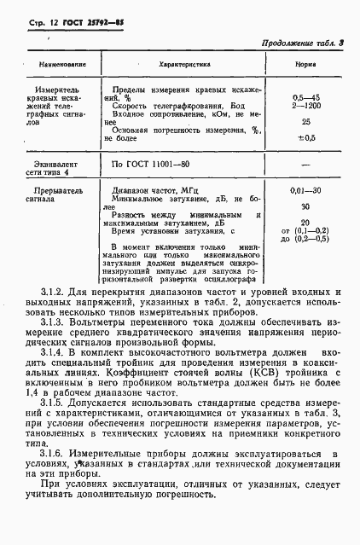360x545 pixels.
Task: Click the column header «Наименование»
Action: pos(53,64)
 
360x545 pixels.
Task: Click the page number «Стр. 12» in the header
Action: pos(34,18)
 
